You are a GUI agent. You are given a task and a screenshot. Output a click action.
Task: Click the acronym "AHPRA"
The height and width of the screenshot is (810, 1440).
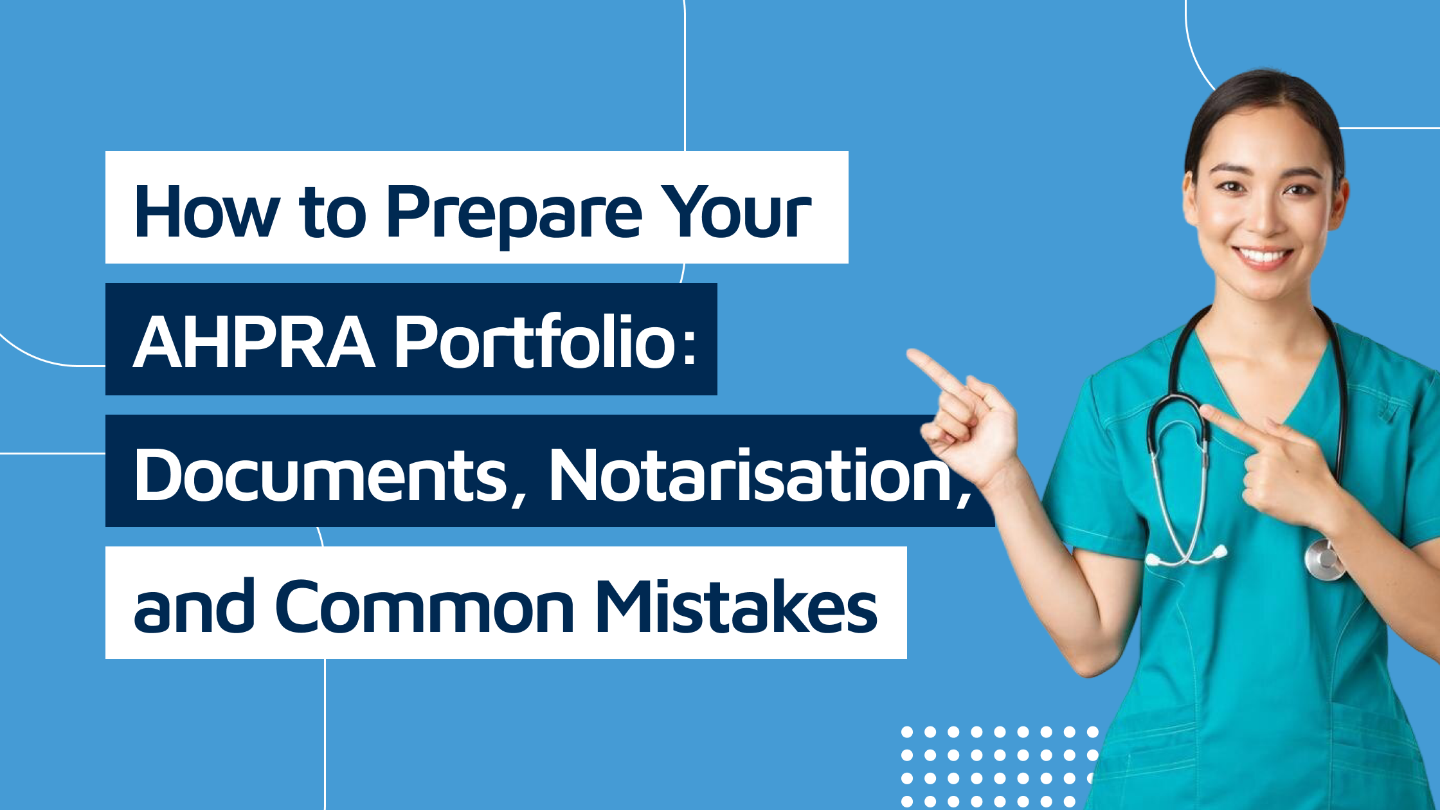254,342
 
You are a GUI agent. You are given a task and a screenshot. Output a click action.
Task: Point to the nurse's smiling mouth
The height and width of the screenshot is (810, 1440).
1263,257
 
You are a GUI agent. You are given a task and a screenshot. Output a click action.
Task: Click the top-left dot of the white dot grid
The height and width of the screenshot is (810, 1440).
907,732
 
